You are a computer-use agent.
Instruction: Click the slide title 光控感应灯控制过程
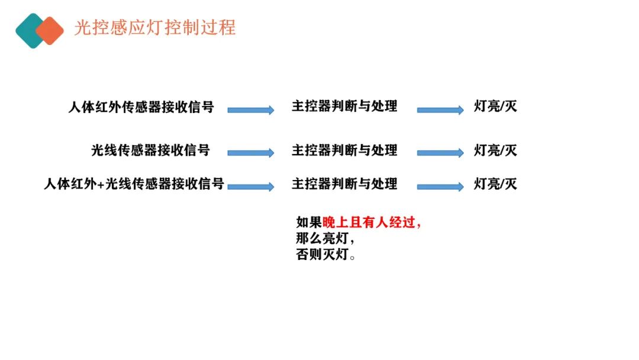click(x=155, y=28)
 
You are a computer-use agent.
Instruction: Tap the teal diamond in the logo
click(x=28, y=31)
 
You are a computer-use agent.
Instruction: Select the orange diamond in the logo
click(x=50, y=31)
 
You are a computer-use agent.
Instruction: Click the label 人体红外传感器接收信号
click(x=141, y=107)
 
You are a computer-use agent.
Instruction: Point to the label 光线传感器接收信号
click(x=150, y=150)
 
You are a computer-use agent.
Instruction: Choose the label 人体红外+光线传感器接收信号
click(x=134, y=184)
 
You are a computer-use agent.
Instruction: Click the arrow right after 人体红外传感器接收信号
click(x=251, y=110)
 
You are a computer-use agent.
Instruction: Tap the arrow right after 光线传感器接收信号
click(x=251, y=153)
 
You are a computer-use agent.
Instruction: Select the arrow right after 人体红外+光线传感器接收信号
click(x=251, y=187)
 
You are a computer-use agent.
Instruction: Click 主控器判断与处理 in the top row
click(x=344, y=107)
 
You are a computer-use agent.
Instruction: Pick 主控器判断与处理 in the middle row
click(x=344, y=150)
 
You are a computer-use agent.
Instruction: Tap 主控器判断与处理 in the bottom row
click(x=344, y=184)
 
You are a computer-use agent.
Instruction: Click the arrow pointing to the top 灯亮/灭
click(x=440, y=110)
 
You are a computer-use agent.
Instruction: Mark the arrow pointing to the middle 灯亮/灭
click(x=440, y=153)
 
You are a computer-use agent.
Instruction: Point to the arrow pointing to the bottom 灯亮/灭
click(x=440, y=187)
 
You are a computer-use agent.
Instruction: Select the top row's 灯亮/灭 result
click(x=495, y=107)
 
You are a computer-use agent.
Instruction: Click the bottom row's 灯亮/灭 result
click(x=495, y=184)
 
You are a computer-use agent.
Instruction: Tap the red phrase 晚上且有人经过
click(x=369, y=222)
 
